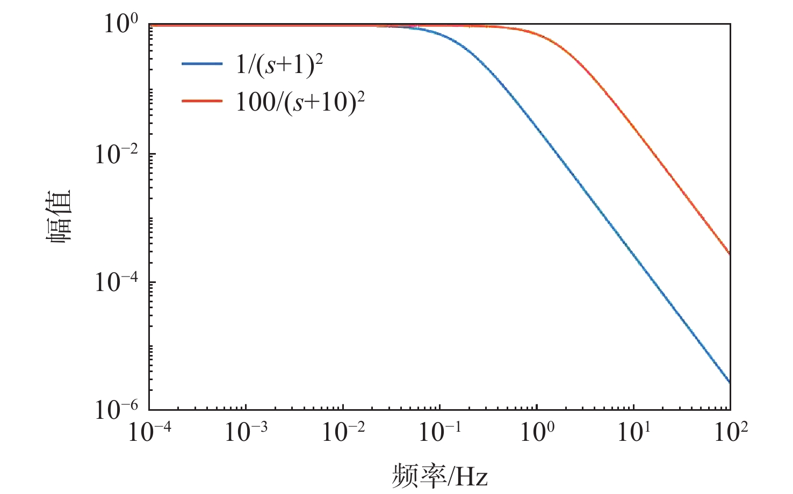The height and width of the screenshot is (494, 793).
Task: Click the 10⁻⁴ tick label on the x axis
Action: point(149,431)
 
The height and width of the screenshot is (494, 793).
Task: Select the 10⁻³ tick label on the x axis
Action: point(246,431)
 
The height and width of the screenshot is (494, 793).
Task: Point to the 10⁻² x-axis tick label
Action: point(343,431)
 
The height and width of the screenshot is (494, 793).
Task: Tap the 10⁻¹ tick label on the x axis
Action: point(439,431)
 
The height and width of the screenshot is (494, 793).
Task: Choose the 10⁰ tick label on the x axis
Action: point(537,431)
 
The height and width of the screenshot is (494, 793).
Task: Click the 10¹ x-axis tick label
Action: point(634,431)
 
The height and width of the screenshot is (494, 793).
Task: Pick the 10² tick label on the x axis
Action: point(731,431)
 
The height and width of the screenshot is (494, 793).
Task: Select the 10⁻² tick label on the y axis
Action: point(116,154)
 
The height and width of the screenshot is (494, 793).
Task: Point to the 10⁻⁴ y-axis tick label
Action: point(116,282)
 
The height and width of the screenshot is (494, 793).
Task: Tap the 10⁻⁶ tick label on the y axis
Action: point(116,410)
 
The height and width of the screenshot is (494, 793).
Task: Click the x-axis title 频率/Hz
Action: point(439,475)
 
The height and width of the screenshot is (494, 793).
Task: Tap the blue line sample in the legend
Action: point(202,63)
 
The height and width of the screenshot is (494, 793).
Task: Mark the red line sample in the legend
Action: point(202,100)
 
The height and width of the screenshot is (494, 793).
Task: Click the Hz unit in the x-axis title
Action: point(471,476)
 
